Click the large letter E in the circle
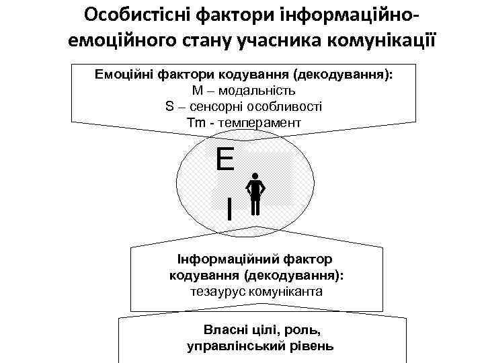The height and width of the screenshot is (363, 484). (x=225, y=161)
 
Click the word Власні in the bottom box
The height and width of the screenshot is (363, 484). (x=225, y=330)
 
